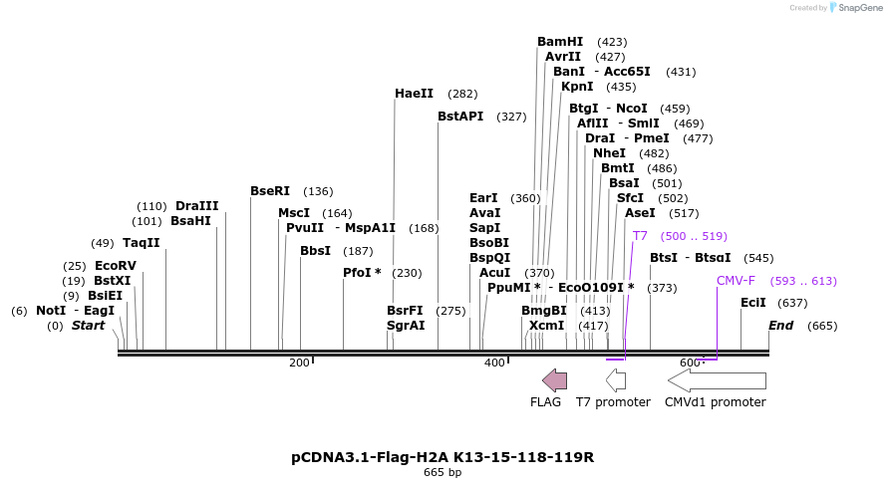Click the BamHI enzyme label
560,42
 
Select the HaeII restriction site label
414,94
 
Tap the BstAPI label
460,117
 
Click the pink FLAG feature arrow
554,379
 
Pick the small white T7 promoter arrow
616,379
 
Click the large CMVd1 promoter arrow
717,379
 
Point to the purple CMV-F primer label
736,281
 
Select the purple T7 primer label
640,236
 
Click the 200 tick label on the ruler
299,363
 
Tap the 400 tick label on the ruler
494,363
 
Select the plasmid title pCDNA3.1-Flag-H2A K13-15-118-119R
443,457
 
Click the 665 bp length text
443,472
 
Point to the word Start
88,326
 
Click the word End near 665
780,326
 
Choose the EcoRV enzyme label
116,266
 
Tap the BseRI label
270,191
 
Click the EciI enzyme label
753,303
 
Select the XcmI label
547,326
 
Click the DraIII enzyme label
196,206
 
